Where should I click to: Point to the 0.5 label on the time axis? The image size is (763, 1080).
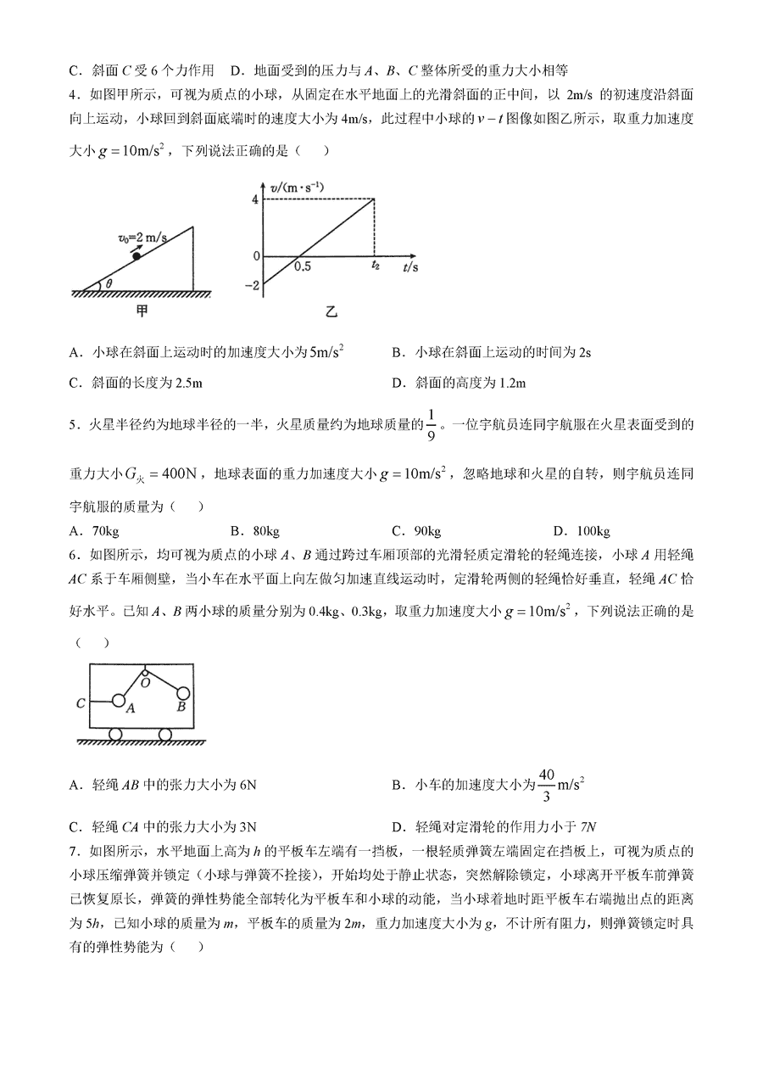point(302,266)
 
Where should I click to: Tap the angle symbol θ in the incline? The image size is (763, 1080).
point(111,283)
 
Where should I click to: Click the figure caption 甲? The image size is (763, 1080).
point(142,311)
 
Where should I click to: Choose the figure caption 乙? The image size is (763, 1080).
point(331,312)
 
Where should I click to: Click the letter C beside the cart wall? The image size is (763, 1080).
point(81,702)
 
